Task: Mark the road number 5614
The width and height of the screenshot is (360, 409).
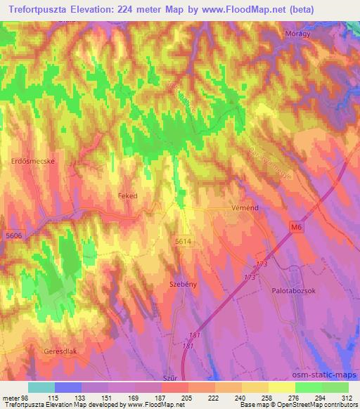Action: tap(184, 240)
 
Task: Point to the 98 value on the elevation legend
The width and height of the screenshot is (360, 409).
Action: tap(23, 398)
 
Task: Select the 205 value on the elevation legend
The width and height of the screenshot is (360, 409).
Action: tap(186, 398)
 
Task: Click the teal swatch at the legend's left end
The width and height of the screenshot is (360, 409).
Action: tap(41, 387)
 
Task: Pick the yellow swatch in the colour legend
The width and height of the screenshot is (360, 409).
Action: tap(281, 387)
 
